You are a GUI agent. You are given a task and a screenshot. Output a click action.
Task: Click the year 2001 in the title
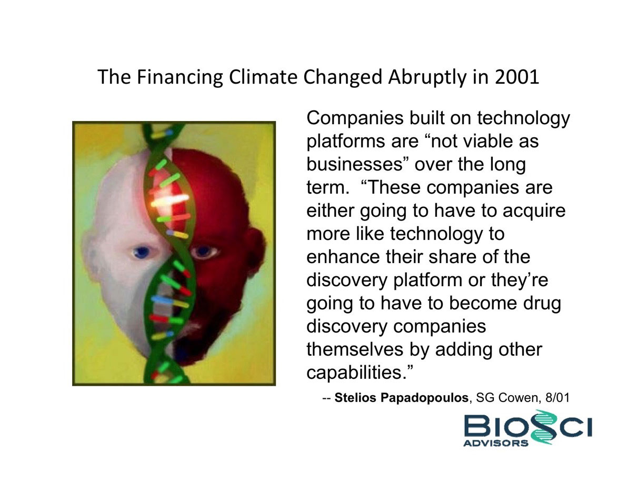tap(517, 77)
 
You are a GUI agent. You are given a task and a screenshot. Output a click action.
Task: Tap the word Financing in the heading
tap(180, 77)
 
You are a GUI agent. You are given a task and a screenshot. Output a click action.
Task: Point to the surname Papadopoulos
tap(424, 398)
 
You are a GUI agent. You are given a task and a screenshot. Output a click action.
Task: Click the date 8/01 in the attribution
tap(558, 398)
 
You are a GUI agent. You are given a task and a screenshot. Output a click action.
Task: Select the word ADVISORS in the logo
tap(495, 443)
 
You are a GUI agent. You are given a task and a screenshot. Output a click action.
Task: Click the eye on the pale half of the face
tap(141, 252)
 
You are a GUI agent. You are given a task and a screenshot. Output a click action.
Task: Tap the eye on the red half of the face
tap(205, 252)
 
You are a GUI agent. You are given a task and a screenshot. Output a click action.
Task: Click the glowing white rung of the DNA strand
tap(170, 200)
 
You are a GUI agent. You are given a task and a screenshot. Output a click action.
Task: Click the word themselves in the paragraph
tap(355, 349)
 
